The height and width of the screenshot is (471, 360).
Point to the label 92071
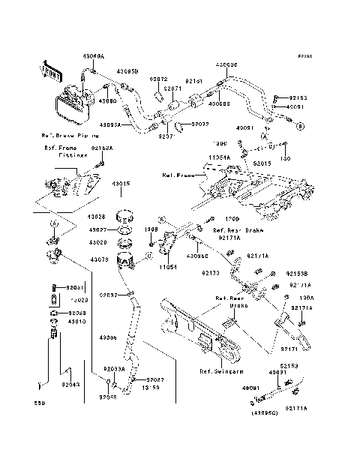pyautogui.click(x=173, y=88)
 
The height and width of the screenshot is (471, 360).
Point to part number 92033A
pyautogui.click(x=114, y=369)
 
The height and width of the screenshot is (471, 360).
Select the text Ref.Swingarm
pyautogui.click(x=218, y=371)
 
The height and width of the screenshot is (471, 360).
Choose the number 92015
pyautogui.click(x=262, y=163)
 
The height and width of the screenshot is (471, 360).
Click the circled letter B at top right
pyautogui.click(x=299, y=128)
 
